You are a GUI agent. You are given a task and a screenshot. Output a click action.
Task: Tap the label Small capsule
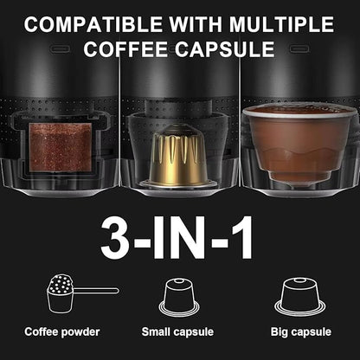point(179,331)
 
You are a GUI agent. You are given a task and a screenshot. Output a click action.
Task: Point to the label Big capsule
point(299,331)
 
